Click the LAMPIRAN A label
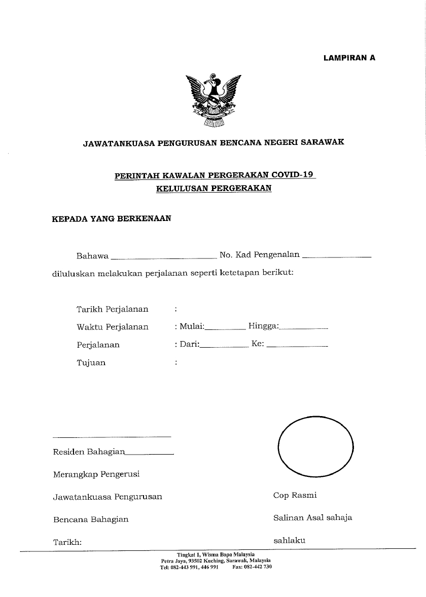click(x=349, y=58)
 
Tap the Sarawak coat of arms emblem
click(x=213, y=99)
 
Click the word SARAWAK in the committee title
click(x=323, y=142)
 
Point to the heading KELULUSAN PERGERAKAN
click(x=214, y=188)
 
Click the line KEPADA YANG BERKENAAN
click(x=112, y=219)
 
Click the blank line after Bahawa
click(x=164, y=256)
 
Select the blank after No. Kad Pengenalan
click(x=337, y=256)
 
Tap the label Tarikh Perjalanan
click(x=112, y=309)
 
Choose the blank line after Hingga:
click(x=304, y=328)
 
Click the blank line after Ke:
click(x=297, y=346)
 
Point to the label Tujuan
click(x=91, y=363)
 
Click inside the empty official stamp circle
click(x=315, y=446)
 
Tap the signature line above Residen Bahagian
click(x=112, y=436)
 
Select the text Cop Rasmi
click(x=295, y=495)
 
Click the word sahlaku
click(x=289, y=540)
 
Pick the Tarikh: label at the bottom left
click(x=67, y=542)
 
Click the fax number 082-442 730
click(x=258, y=567)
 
